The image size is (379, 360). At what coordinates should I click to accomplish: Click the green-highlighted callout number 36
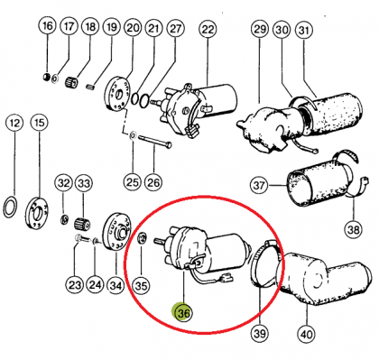tap(183, 313)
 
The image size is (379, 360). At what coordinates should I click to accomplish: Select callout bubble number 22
tap(208, 30)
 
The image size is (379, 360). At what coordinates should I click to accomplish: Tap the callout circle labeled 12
tap(14, 123)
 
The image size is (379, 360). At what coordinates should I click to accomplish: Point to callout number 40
tap(307, 334)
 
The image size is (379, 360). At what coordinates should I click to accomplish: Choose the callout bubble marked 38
tap(354, 230)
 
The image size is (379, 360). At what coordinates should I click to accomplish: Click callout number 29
tap(260, 29)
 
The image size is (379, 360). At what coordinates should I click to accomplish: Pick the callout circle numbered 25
tap(133, 182)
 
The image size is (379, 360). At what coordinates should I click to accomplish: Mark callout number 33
tap(84, 183)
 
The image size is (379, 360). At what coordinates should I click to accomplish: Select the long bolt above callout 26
tap(154, 141)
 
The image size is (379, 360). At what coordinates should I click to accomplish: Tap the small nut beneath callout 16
tap(46, 77)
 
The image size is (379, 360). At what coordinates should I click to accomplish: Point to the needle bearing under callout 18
tap(72, 82)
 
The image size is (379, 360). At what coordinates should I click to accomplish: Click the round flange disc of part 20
tap(117, 95)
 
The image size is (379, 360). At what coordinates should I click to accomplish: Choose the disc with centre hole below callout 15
tap(38, 214)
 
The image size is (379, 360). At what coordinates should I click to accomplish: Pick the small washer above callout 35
tap(142, 238)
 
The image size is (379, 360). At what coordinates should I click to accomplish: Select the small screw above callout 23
tap(81, 239)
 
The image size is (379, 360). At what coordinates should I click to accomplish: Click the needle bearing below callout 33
tap(82, 224)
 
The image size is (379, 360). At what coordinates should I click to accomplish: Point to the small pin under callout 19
tap(91, 87)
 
